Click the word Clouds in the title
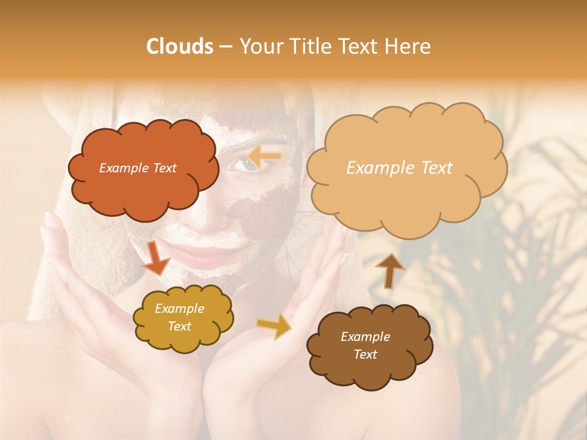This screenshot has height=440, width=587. click(180, 46)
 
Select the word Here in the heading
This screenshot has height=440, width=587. click(409, 46)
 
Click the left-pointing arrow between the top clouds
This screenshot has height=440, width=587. click(265, 157)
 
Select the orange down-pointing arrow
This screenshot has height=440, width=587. click(157, 257)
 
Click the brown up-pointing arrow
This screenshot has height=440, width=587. click(389, 269)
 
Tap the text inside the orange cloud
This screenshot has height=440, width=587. click(138, 168)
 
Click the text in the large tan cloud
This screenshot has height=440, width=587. click(399, 168)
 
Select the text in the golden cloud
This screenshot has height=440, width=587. click(179, 318)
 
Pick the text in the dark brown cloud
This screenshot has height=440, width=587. click(365, 345)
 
